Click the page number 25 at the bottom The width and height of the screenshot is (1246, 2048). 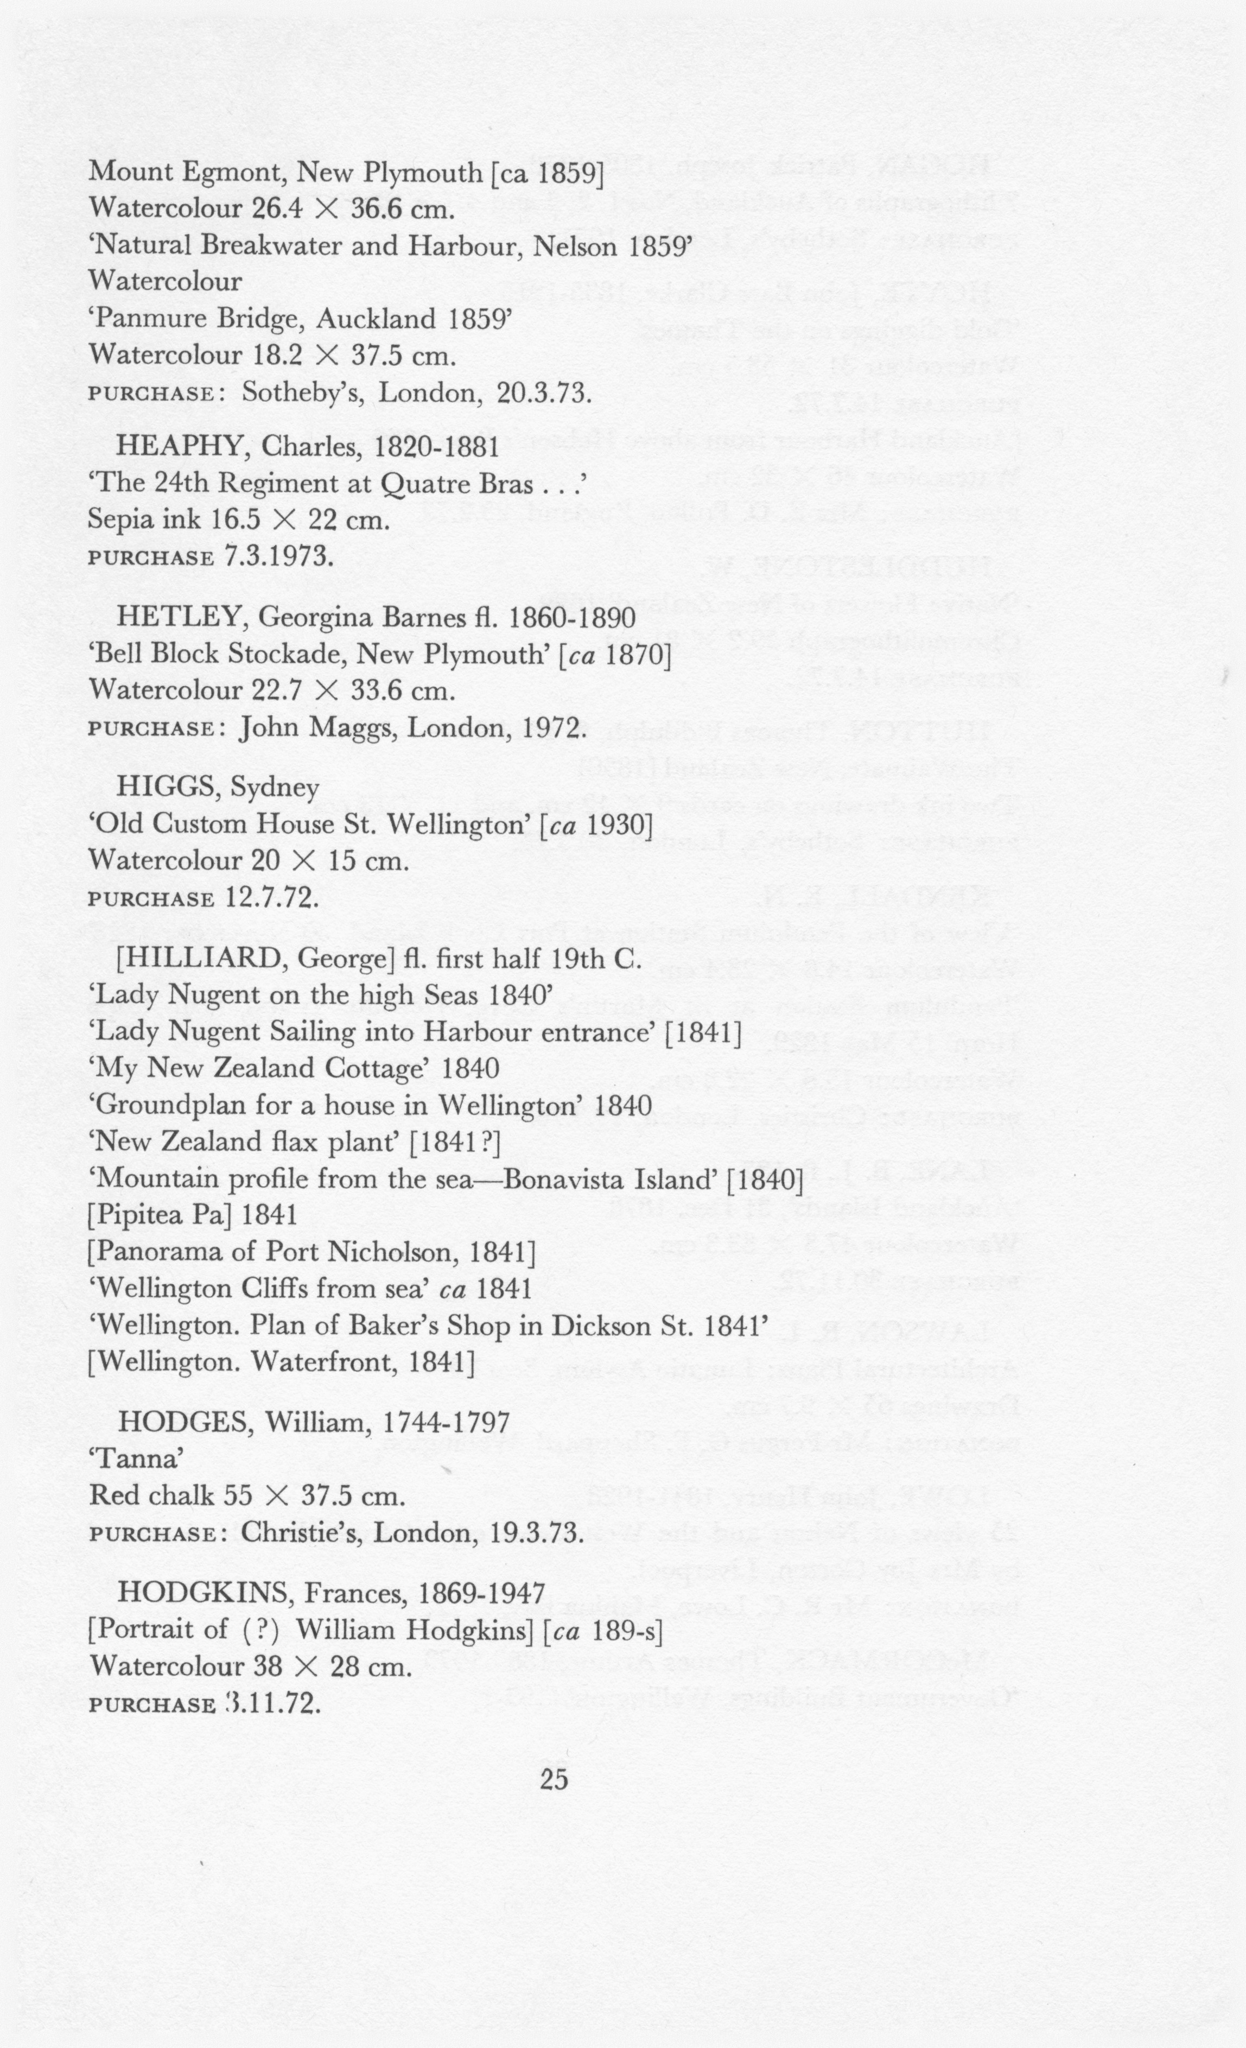pos(554,1779)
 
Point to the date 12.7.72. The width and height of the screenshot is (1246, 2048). pos(272,898)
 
